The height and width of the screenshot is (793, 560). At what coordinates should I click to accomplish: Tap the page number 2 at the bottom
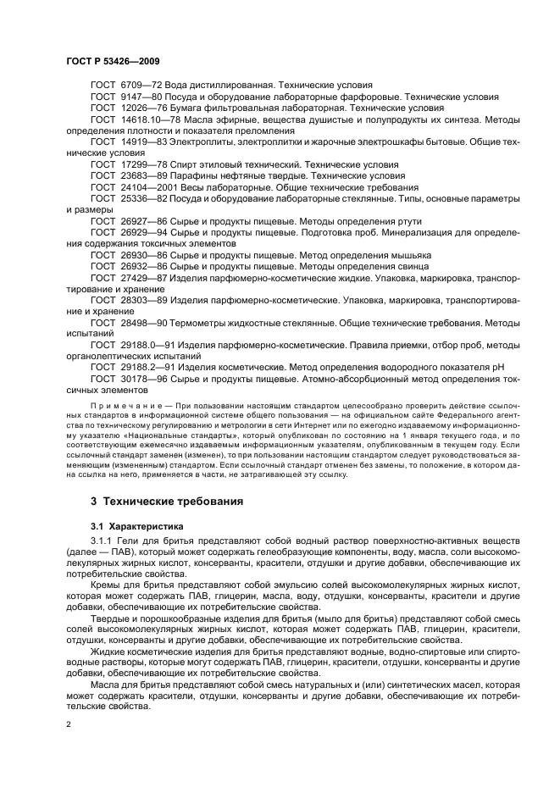(x=69, y=725)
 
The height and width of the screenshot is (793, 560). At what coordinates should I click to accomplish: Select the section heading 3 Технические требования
(x=167, y=501)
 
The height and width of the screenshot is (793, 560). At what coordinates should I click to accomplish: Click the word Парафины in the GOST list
(x=196, y=175)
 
